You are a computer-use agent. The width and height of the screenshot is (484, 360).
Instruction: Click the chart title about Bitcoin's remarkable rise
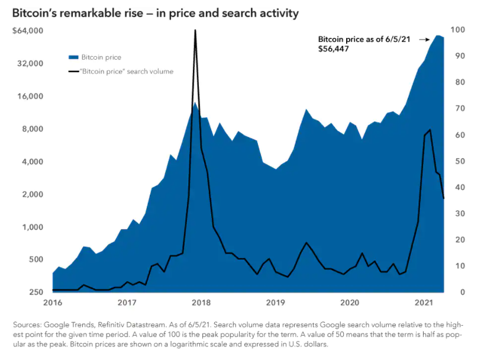tap(155, 12)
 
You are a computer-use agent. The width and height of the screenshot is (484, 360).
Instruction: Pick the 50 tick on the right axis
tap(456, 162)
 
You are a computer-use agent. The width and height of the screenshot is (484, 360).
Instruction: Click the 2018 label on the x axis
tap(201, 303)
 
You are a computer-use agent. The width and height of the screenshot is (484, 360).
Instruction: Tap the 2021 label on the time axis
tap(424, 303)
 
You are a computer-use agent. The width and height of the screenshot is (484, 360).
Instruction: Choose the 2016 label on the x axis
tap(53, 303)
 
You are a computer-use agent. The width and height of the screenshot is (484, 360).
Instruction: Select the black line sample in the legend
tap(73, 72)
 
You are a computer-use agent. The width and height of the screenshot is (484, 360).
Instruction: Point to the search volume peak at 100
tap(195, 30)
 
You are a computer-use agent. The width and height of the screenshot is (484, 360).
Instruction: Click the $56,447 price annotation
tap(333, 50)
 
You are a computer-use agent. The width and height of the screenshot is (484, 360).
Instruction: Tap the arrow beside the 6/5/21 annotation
tap(424, 40)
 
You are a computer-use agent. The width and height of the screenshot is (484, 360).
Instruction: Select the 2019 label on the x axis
tap(276, 303)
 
